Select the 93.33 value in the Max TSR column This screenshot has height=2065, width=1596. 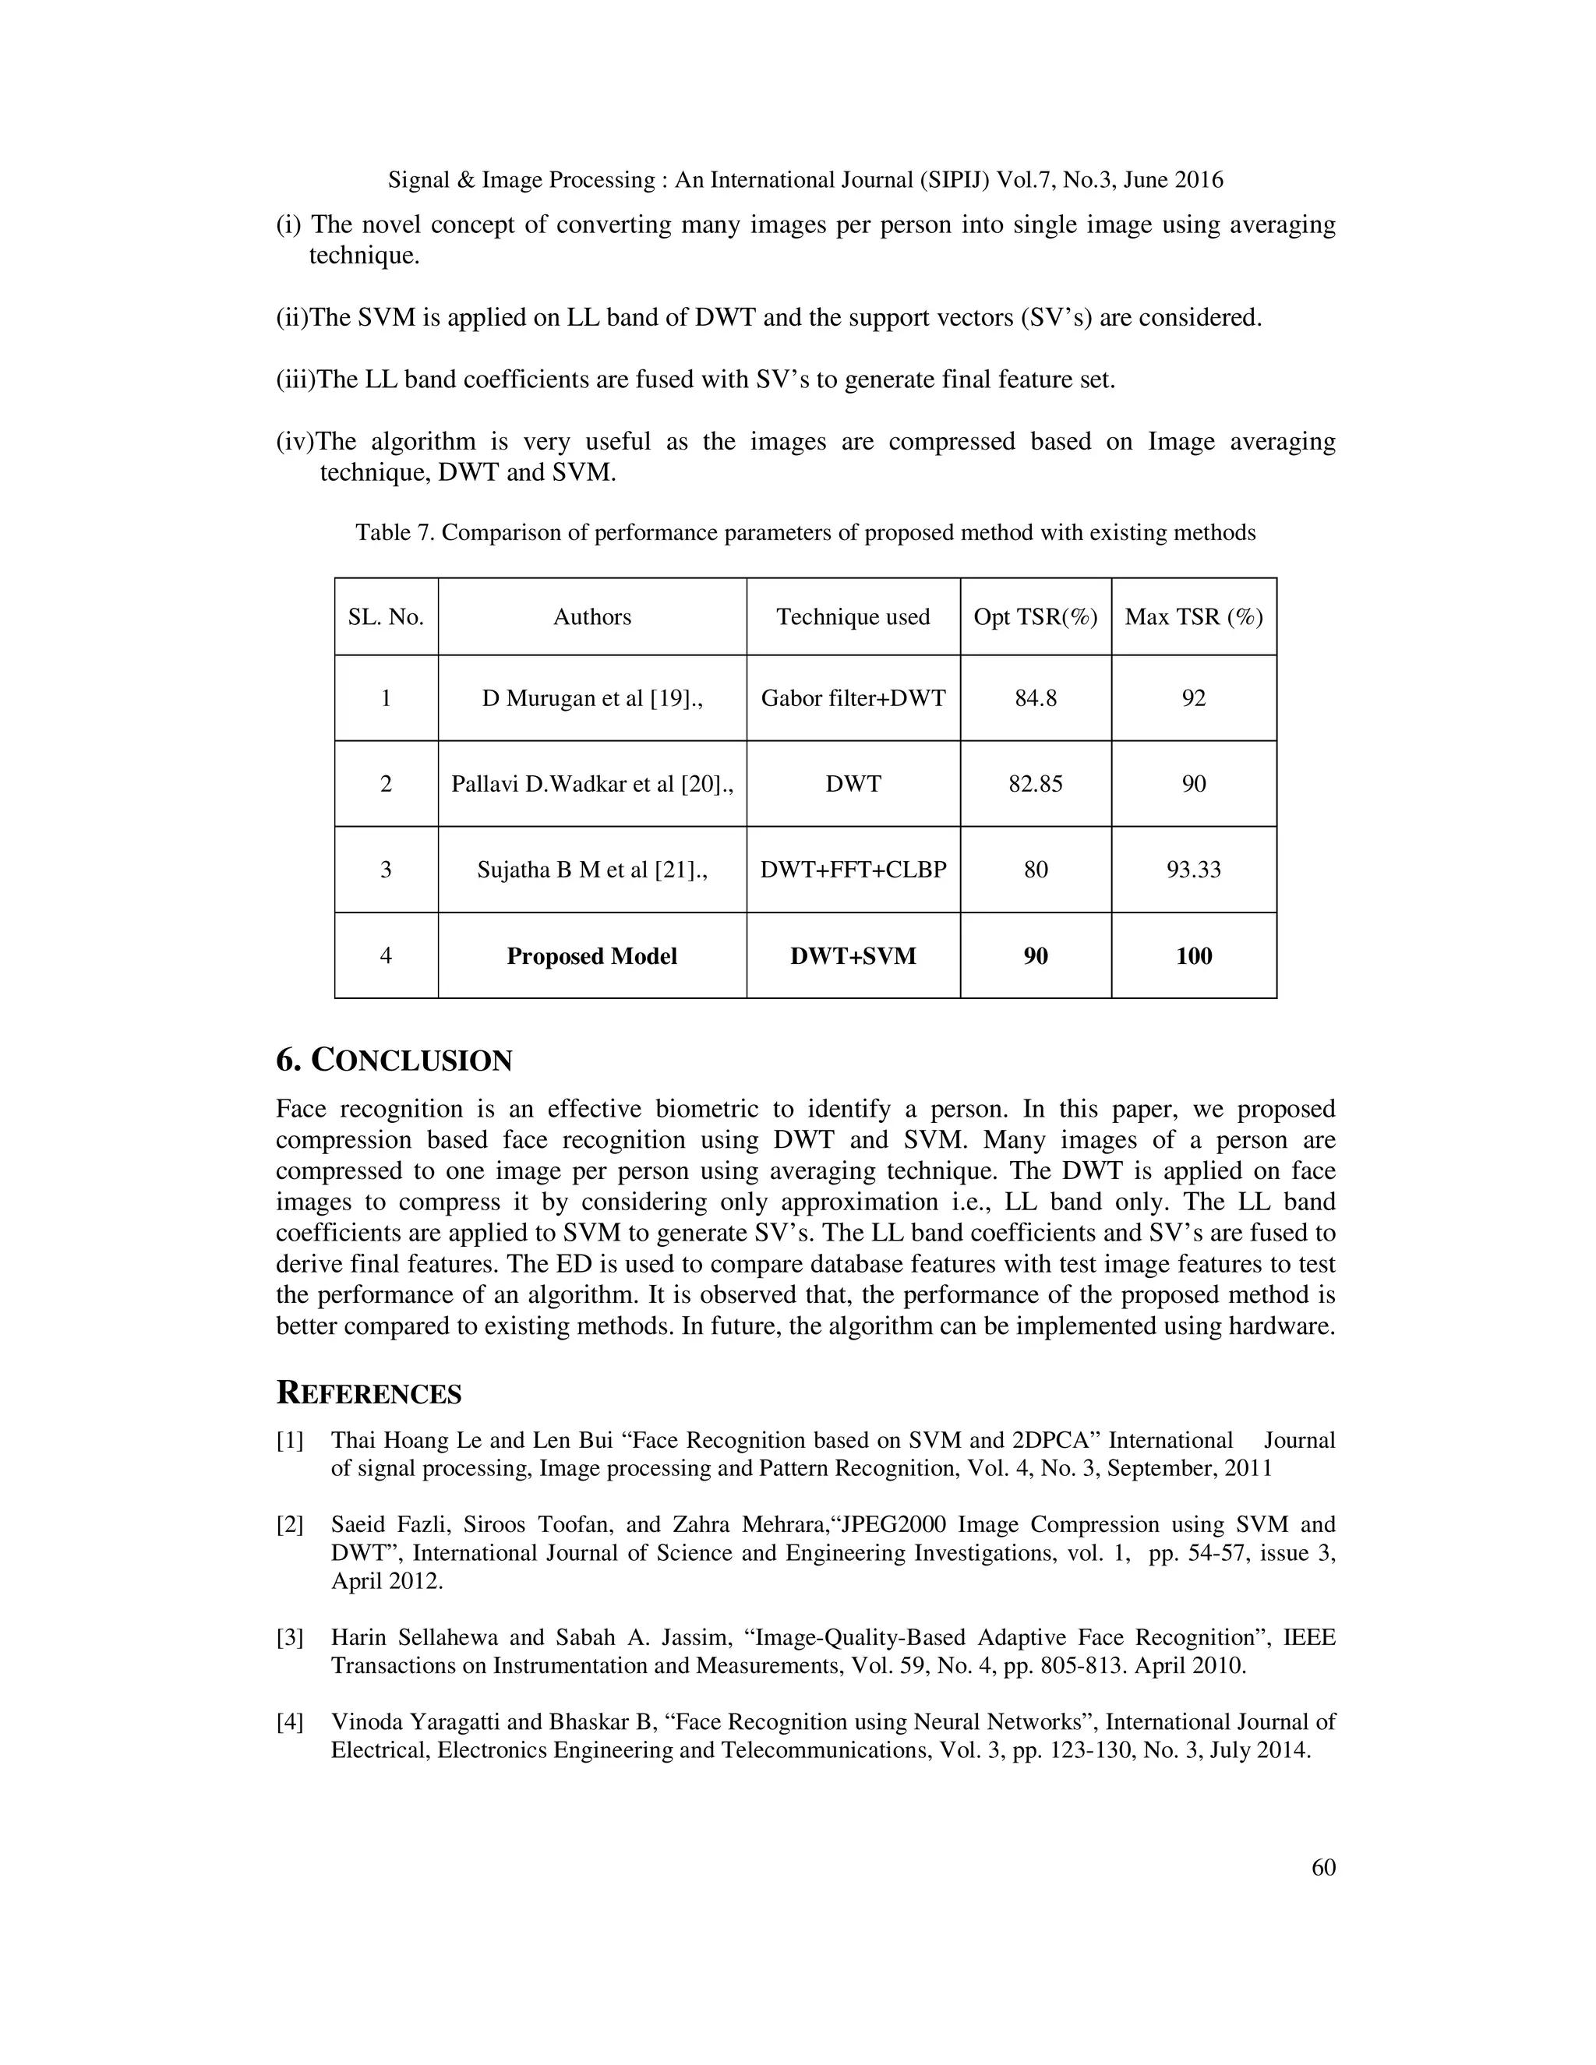point(1193,869)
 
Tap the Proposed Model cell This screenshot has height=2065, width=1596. point(592,956)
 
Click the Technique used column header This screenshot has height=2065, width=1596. point(853,616)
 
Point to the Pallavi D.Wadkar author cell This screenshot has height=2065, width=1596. point(592,784)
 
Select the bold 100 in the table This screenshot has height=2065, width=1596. point(1193,956)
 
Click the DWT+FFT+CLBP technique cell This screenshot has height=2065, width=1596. point(853,869)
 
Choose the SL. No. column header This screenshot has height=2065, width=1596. point(386,616)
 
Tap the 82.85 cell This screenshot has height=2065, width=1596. point(1036,784)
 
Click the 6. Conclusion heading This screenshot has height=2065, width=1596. point(394,1060)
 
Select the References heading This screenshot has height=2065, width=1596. point(369,1394)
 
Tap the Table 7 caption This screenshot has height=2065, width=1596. point(804,532)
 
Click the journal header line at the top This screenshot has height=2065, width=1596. point(804,180)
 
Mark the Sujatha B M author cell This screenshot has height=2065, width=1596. point(592,869)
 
